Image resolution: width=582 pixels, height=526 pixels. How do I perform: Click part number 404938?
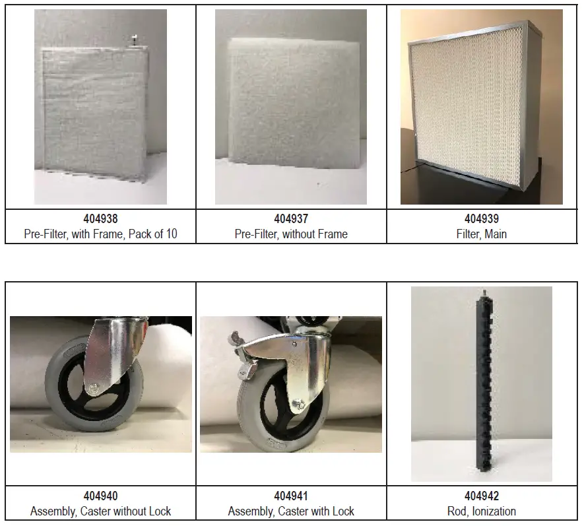point(100,218)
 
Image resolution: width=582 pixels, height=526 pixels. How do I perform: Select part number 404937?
point(291,218)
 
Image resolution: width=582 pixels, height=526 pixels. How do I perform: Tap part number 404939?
point(482,218)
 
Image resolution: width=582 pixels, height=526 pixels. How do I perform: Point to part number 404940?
point(100,496)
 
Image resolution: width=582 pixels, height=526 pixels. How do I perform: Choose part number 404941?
point(291,496)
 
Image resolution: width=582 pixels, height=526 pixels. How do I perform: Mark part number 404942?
point(482,496)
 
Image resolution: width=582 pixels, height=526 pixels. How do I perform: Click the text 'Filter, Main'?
point(482,234)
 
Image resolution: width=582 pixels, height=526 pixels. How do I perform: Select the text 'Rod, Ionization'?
point(482,511)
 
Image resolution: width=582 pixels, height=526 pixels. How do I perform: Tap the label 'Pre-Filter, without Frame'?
point(291,234)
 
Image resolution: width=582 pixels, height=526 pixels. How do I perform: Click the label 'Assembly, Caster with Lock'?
point(291,511)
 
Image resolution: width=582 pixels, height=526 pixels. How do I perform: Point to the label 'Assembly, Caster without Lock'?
point(100,511)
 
